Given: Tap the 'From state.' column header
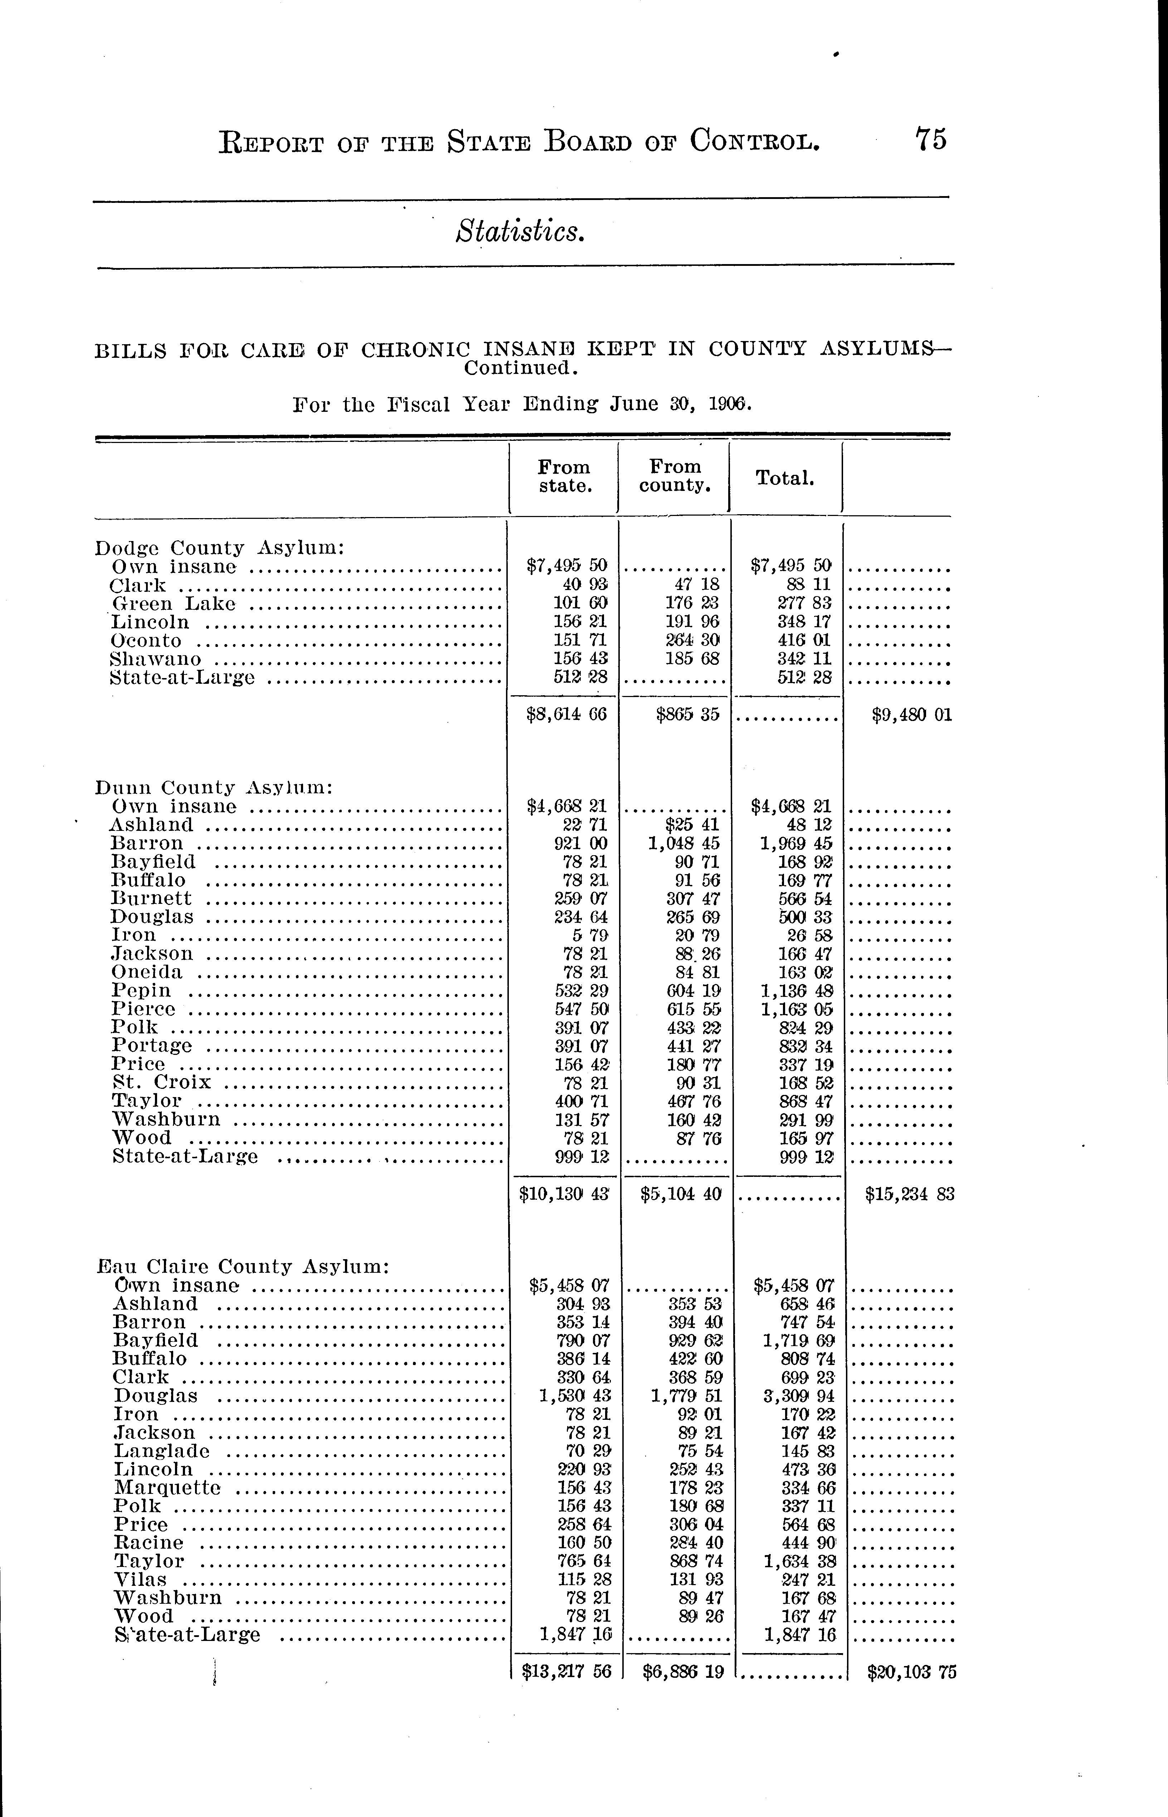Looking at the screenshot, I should (564, 476).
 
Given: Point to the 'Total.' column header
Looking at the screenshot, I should (785, 478).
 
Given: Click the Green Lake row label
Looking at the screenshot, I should (173, 604).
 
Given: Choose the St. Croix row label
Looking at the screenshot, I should (161, 1082).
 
